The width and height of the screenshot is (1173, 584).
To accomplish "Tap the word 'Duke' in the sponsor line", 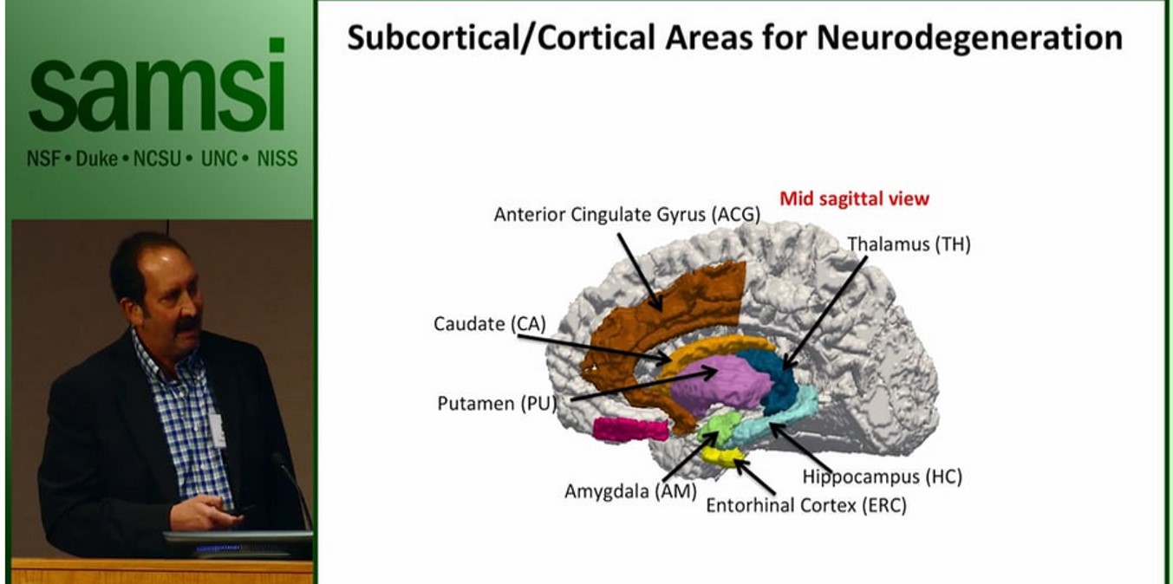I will [x=97, y=159].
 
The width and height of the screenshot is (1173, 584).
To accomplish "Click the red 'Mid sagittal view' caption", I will [x=854, y=198].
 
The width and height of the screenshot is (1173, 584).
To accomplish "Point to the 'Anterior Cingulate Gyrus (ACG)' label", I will [x=626, y=214].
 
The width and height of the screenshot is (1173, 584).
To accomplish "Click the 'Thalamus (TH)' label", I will [x=909, y=244].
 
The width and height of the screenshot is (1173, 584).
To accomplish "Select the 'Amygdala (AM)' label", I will [x=619, y=491].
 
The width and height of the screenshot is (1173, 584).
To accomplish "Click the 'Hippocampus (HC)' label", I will [x=882, y=476].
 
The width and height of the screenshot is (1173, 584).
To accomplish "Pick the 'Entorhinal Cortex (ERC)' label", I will [x=805, y=505].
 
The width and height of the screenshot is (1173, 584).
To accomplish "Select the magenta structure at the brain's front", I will [x=629, y=428].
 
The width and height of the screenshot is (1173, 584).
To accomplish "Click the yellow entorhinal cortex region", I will [x=722, y=454].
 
